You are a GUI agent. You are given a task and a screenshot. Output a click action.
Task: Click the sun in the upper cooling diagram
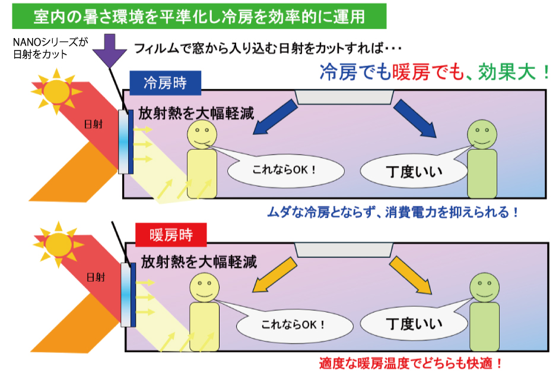(x=57, y=91)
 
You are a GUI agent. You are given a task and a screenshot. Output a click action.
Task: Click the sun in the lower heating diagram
(x=58, y=242)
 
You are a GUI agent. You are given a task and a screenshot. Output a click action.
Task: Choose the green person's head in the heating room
(x=484, y=288)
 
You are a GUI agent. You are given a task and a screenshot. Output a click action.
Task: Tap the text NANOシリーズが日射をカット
(x=50, y=48)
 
